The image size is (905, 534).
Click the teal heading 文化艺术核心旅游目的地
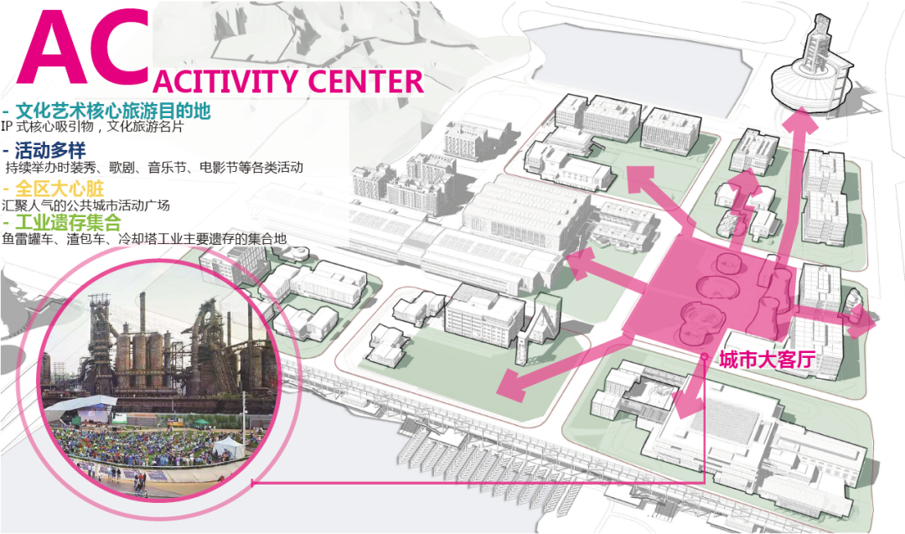tap(111, 111)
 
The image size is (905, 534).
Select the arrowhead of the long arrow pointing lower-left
tap(509, 384)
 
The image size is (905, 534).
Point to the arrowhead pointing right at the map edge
tap(863, 322)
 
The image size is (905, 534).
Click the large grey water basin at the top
tap(637, 63)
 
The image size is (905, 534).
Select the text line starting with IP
tap(92, 127)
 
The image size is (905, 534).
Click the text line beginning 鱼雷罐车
tap(144, 239)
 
